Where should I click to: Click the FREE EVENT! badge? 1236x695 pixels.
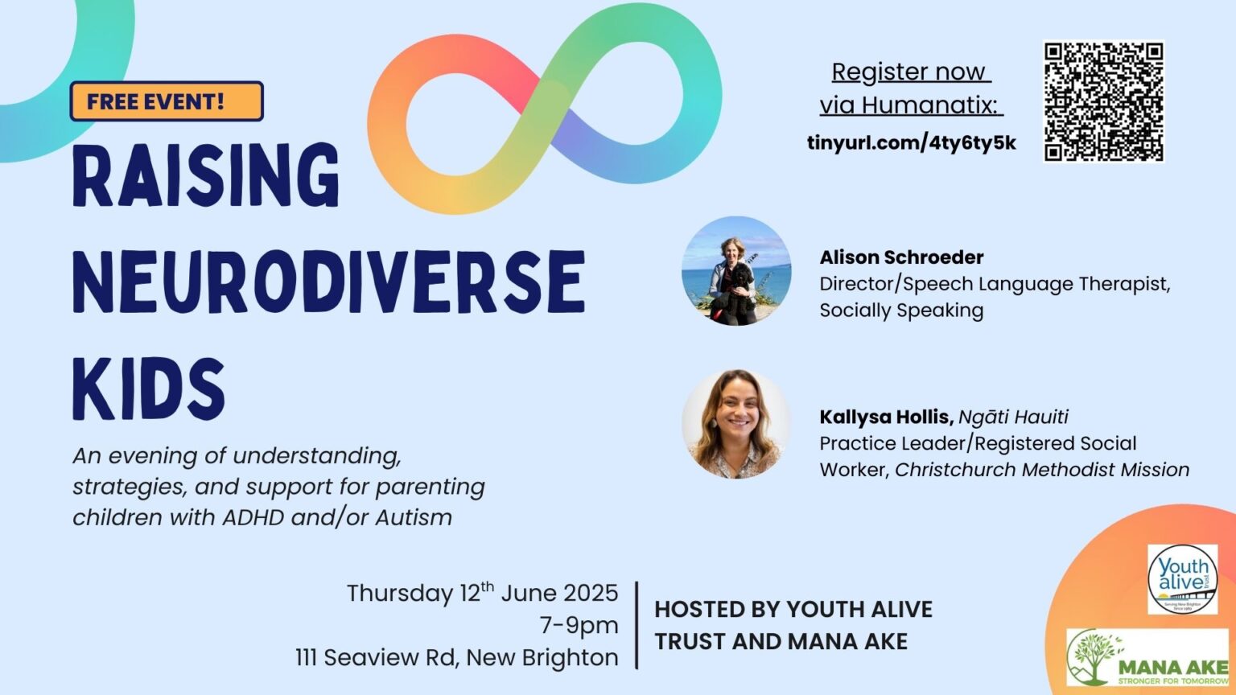tap(167, 101)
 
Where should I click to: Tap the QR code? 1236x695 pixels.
tap(1103, 101)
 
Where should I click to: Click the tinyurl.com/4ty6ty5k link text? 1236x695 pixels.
tap(911, 143)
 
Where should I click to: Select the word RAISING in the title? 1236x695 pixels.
tap(206, 176)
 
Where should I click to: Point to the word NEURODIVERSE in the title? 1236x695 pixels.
tap(328, 282)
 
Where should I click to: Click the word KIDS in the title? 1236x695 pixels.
tap(149, 389)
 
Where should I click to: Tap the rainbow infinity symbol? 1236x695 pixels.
tap(544, 109)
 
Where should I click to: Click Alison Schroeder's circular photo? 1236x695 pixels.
tap(736, 271)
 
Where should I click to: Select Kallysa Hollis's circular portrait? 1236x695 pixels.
tap(736, 424)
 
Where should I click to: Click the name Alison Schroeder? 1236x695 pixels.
tap(901, 257)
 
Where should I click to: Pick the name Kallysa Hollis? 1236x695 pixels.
tap(886, 417)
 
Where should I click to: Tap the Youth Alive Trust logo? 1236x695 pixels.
tap(1182, 579)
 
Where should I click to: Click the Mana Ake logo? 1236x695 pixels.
tap(1147, 658)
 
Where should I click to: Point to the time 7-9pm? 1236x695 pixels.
tap(579, 625)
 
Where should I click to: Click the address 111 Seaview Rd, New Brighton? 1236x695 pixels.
tap(456, 657)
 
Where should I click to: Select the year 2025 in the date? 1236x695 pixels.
tap(590, 593)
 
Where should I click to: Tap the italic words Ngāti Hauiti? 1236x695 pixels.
tap(1013, 417)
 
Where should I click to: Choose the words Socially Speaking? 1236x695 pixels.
tap(901, 310)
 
